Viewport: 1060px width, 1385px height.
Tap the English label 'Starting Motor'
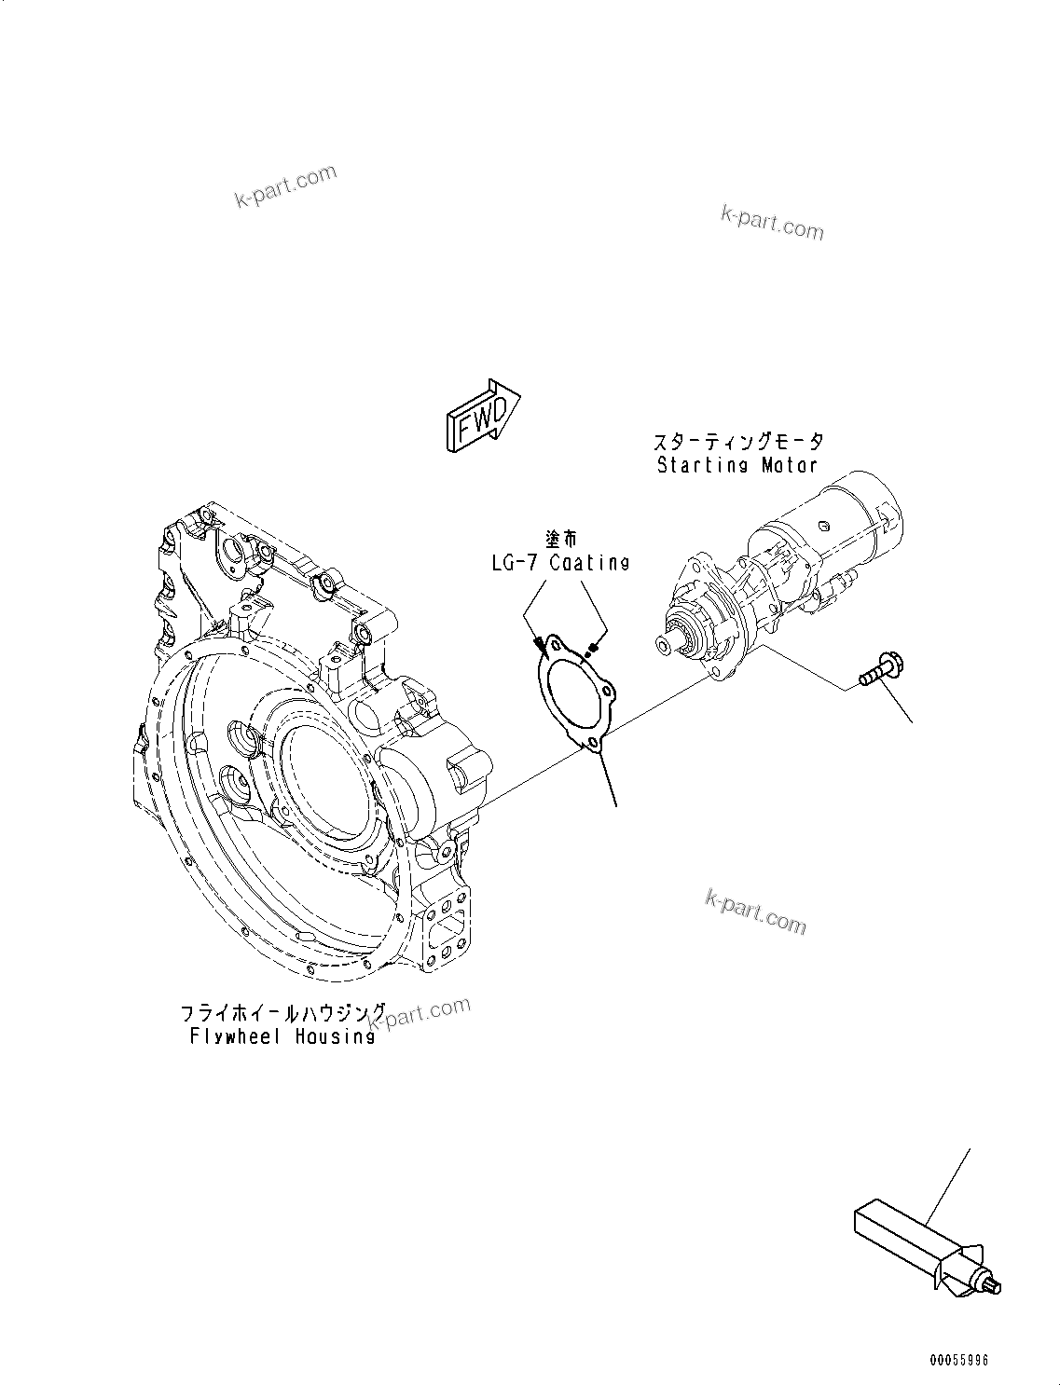click(x=736, y=464)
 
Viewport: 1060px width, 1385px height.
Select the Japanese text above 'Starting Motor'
click(x=736, y=442)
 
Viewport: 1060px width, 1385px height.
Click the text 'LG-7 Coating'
click(x=560, y=562)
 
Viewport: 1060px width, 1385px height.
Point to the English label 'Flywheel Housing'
click(x=282, y=1035)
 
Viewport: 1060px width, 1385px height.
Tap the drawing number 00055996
click(x=957, y=1360)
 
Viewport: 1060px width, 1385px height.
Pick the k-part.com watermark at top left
click(x=285, y=186)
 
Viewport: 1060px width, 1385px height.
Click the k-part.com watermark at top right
click(x=772, y=222)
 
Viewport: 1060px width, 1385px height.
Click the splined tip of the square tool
click(x=994, y=1287)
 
